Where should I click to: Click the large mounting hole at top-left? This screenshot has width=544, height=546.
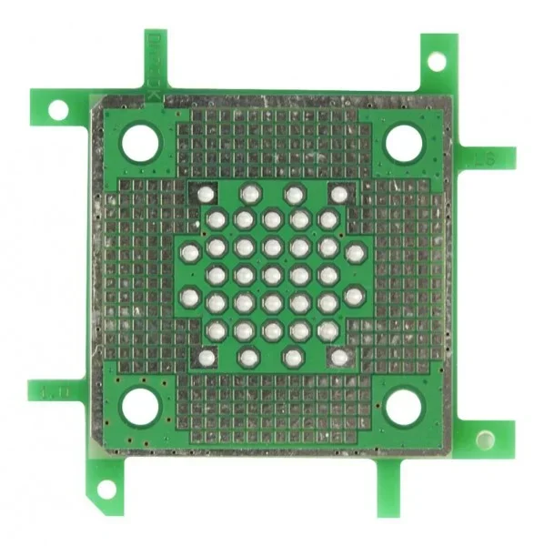(x=139, y=143)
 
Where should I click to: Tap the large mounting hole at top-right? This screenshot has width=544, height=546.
(x=403, y=143)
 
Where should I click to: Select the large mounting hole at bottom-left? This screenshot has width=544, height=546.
(x=140, y=406)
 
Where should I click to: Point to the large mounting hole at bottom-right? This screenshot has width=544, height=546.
(x=404, y=407)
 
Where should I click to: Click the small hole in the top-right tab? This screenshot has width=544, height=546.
(x=437, y=61)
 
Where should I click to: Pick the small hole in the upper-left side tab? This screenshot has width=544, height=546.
(x=57, y=110)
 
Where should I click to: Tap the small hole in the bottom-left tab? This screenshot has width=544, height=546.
(x=106, y=490)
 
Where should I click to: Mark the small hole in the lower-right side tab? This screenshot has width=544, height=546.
(x=486, y=440)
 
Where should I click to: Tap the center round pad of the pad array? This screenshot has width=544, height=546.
(x=272, y=275)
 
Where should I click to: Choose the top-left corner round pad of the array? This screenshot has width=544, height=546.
(x=206, y=194)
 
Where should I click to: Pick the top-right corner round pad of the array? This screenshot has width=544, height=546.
(x=338, y=194)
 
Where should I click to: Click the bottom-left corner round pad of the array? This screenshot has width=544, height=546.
(x=207, y=358)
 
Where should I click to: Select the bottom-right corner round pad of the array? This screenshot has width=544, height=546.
(x=338, y=358)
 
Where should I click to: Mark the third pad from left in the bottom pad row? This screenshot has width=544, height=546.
(x=293, y=358)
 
